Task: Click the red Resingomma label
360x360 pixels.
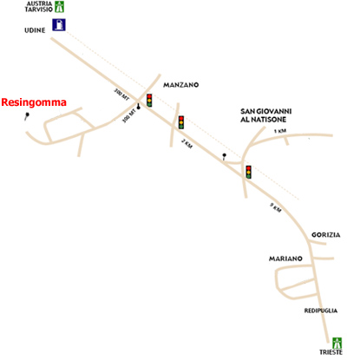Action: (x=34, y=102)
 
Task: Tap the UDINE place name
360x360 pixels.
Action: (x=35, y=30)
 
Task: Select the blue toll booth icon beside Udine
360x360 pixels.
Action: (x=59, y=24)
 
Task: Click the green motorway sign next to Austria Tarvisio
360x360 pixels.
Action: (x=60, y=7)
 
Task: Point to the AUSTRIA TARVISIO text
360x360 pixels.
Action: (x=39, y=7)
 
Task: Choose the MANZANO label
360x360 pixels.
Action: (x=181, y=85)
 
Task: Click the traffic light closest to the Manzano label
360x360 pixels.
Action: (x=149, y=100)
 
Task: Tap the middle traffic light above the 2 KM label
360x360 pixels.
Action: (x=181, y=122)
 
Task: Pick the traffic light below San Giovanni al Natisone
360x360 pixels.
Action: (x=248, y=172)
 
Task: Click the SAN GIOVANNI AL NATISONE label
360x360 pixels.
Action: (x=266, y=115)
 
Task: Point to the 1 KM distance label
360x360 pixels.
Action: (x=280, y=131)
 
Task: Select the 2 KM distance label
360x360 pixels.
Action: (x=187, y=143)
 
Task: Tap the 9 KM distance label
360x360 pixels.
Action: (x=276, y=207)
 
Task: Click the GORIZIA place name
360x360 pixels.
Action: (x=326, y=235)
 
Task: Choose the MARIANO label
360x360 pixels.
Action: (x=285, y=259)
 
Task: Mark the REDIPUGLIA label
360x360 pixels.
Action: (x=321, y=311)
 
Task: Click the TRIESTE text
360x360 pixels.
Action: (x=331, y=352)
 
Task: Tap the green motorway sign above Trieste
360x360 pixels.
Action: (x=337, y=343)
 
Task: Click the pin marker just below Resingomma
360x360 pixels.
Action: (x=27, y=116)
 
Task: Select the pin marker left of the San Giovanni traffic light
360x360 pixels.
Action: (x=224, y=156)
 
